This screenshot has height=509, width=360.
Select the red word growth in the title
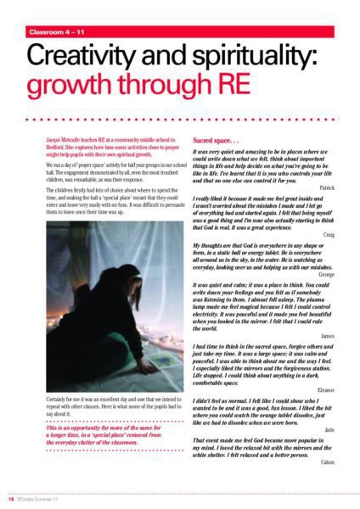coord(83,93)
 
